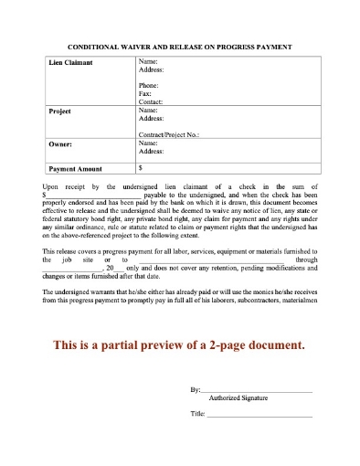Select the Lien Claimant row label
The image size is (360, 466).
[x=71, y=64]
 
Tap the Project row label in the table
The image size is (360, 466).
[x=59, y=111]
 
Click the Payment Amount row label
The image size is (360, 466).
[x=78, y=169]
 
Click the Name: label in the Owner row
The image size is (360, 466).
[x=148, y=143]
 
